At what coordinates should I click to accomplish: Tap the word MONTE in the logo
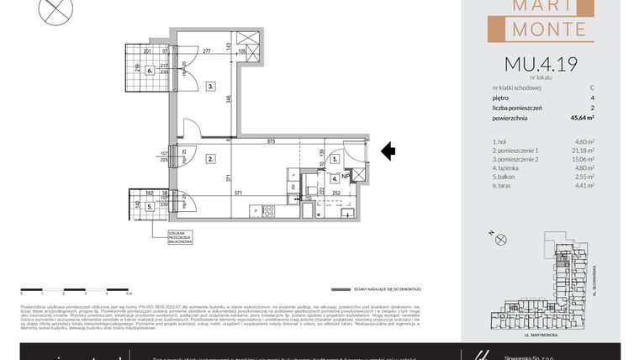click(546, 29)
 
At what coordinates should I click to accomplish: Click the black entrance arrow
click(388, 151)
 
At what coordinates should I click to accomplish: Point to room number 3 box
click(211, 86)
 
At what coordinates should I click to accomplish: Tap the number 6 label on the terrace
click(150, 71)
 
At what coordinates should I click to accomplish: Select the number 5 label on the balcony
click(150, 204)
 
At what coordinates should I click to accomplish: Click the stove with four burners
click(270, 210)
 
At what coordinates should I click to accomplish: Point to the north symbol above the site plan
click(502, 240)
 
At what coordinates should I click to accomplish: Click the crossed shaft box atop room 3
click(249, 40)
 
